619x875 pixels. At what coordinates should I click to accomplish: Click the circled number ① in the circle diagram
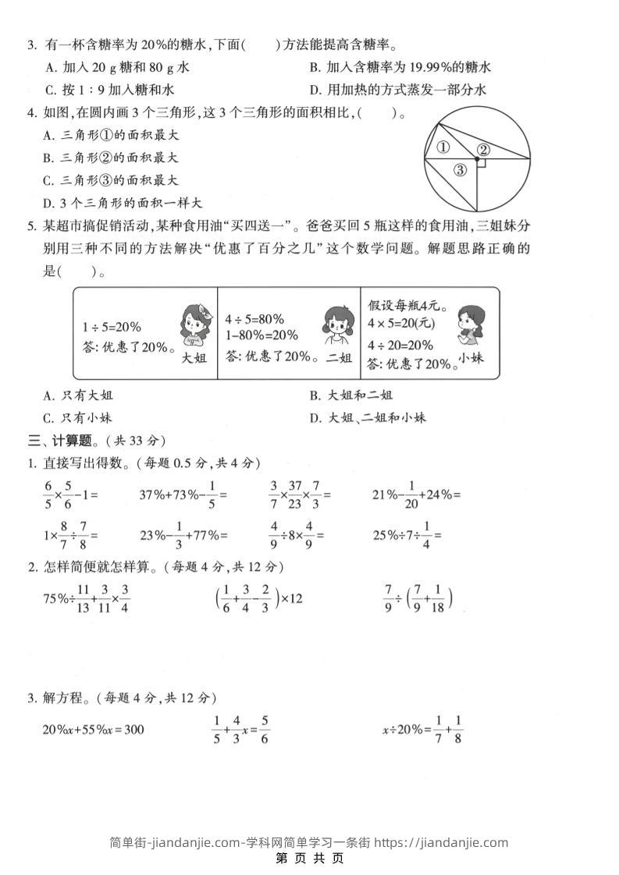[x=443, y=147]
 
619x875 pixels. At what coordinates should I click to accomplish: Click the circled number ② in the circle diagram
[x=483, y=150]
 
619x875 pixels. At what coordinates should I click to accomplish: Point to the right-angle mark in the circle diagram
[x=482, y=164]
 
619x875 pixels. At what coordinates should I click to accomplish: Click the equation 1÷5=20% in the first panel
[x=112, y=328]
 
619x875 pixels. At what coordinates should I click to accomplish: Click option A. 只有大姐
[x=78, y=395]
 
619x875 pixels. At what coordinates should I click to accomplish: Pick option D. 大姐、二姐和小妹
[x=368, y=417]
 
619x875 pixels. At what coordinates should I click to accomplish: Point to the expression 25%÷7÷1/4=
[x=408, y=536]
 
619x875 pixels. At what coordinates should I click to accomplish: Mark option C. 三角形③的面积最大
[x=111, y=180]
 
